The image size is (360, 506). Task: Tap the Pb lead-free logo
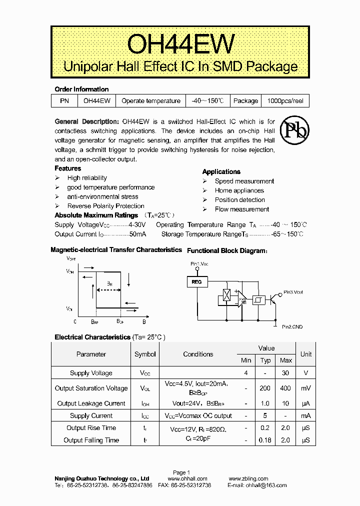pyautogui.click(x=294, y=129)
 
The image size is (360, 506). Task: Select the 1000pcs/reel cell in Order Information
pyautogui.click(x=285, y=100)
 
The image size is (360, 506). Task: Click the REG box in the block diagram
pyautogui.click(x=196, y=282)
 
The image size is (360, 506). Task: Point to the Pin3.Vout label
pyautogui.click(x=293, y=292)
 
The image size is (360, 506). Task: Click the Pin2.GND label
pyautogui.click(x=292, y=326)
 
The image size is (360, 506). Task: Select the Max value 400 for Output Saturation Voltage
pyautogui.click(x=286, y=388)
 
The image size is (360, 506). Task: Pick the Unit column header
pyautogui.click(x=306, y=354)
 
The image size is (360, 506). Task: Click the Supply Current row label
pyautogui.click(x=91, y=416)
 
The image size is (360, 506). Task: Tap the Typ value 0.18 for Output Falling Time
pyautogui.click(x=265, y=440)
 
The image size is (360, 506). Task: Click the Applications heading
pyautogui.click(x=221, y=171)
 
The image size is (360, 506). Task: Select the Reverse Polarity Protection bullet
pyautogui.click(x=105, y=206)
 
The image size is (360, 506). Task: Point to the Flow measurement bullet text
pyautogui.click(x=242, y=209)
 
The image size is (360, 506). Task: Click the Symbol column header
pyautogui.click(x=145, y=354)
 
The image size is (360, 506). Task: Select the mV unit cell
pyautogui.click(x=306, y=388)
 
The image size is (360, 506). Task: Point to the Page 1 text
pyautogui.click(x=181, y=472)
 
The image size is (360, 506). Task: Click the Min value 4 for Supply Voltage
pyautogui.click(x=246, y=373)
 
